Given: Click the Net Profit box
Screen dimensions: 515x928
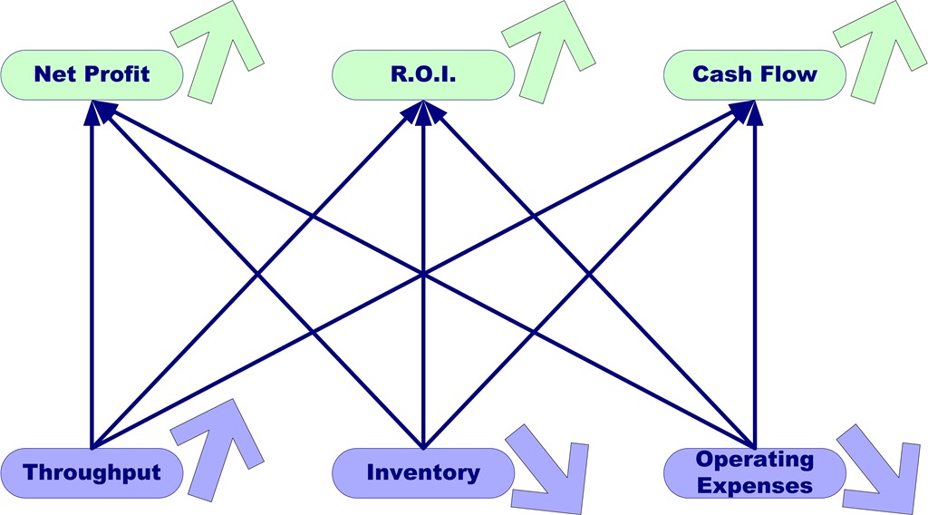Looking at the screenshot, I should coord(92,74).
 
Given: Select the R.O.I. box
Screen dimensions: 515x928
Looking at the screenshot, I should coord(423,74).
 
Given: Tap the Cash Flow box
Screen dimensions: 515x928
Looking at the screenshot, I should coord(755,74).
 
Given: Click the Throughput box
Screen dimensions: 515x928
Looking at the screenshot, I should coord(92,472).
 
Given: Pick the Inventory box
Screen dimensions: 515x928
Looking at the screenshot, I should coord(423,472).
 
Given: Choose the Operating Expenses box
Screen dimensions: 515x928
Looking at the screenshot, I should coord(755,472).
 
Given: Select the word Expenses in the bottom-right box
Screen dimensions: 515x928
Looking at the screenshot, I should coord(755,485).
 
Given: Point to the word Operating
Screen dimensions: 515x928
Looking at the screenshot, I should coord(755,460).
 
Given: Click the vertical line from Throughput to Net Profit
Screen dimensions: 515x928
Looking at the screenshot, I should coord(92,272).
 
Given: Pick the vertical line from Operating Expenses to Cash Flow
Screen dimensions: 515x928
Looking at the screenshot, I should coord(755,272).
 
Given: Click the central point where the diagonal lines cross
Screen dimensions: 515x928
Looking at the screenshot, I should coord(423,272).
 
